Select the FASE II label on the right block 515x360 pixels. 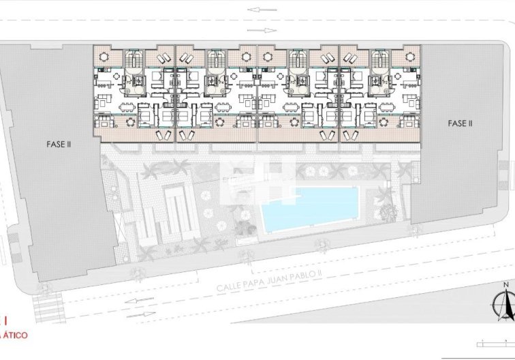click(x=460, y=123)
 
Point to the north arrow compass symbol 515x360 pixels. click(x=505, y=305)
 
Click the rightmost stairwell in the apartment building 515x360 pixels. click(x=378, y=61)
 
